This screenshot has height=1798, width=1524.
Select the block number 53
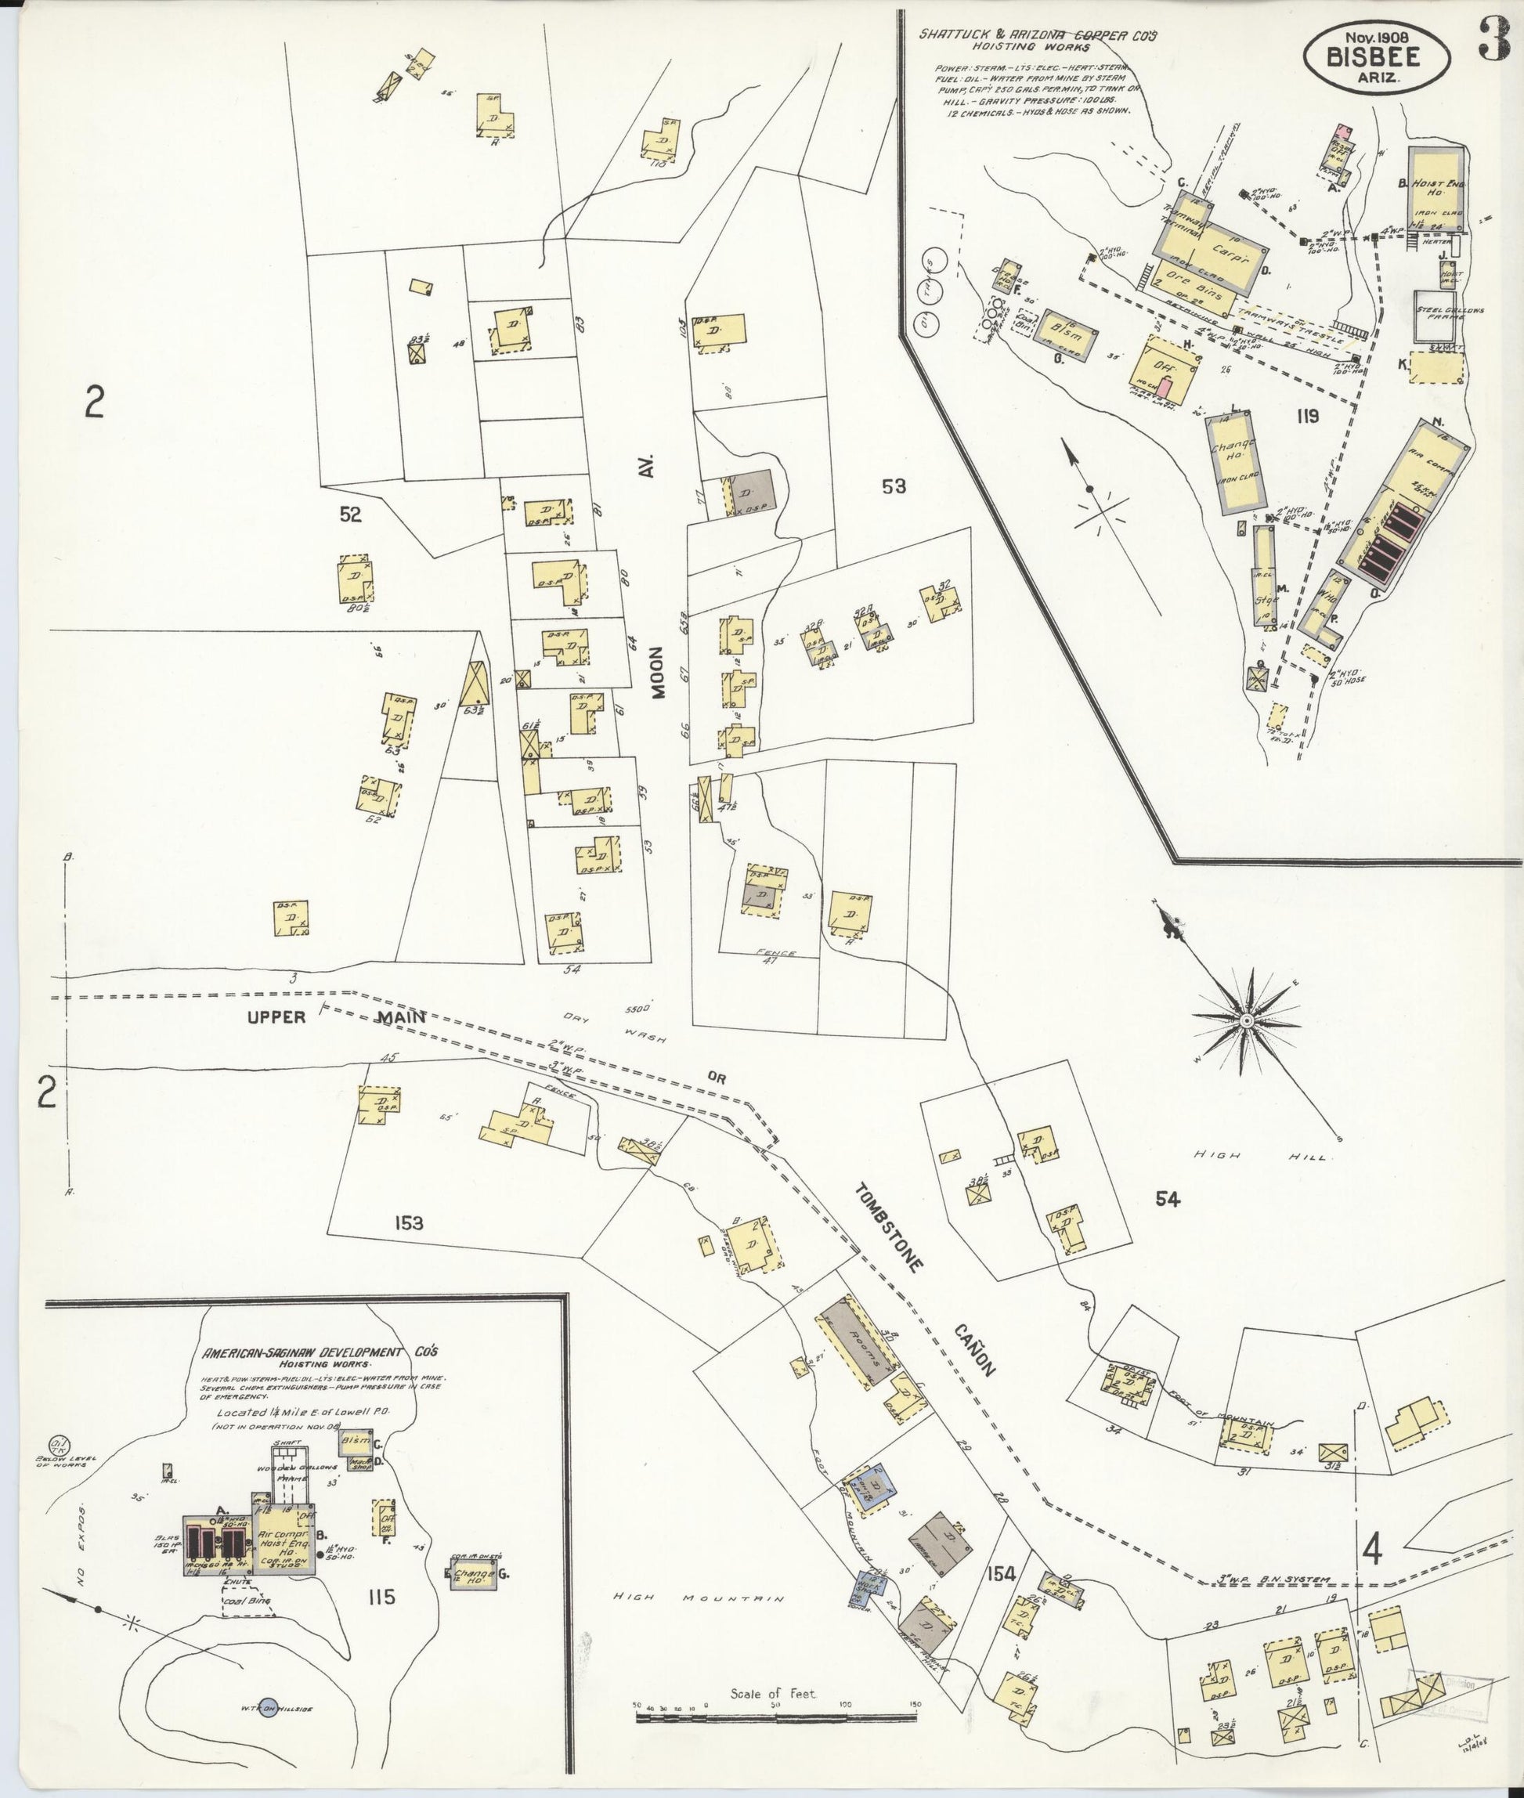click(x=894, y=486)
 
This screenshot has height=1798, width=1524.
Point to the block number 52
click(x=350, y=515)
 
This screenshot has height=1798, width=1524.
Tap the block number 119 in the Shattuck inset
click(x=1307, y=417)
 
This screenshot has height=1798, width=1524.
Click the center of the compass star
click(x=1246, y=1022)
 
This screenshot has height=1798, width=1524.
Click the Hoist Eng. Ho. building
click(x=1437, y=190)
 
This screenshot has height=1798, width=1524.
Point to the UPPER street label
click(x=276, y=1017)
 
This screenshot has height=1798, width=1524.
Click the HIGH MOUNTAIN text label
click(x=698, y=1598)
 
